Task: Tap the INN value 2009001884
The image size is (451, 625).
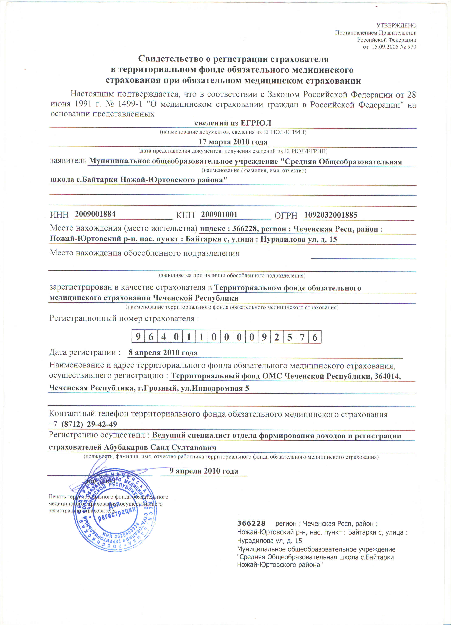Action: (x=95, y=214)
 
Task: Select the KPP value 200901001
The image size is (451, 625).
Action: (x=219, y=214)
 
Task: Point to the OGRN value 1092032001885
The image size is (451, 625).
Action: (x=331, y=215)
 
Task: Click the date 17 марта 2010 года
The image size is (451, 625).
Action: (x=233, y=142)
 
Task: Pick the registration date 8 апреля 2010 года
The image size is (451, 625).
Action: (x=163, y=353)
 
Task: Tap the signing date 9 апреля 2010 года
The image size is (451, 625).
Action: (x=204, y=471)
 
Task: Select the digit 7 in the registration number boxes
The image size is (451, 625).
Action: (x=302, y=337)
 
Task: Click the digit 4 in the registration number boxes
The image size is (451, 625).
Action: (x=163, y=337)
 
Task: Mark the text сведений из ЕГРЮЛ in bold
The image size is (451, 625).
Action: (x=233, y=123)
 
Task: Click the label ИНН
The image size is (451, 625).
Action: (x=59, y=215)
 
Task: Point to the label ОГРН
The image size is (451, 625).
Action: (x=286, y=215)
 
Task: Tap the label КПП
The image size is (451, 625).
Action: (x=185, y=215)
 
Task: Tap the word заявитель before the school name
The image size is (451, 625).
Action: (x=68, y=161)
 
